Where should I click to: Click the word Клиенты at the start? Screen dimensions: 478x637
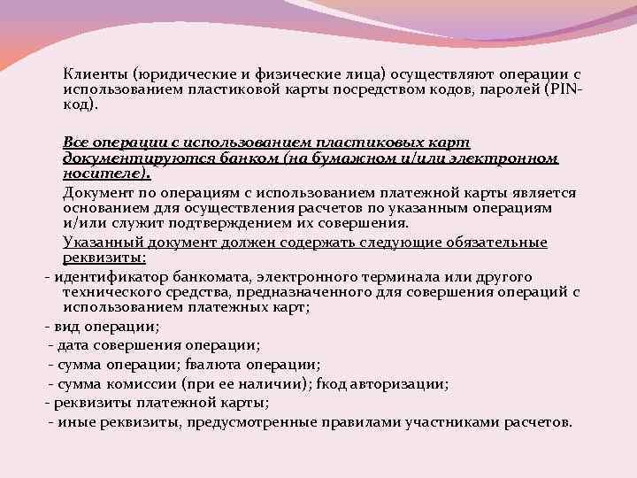(x=89, y=73)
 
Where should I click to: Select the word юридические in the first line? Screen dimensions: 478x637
(x=168, y=73)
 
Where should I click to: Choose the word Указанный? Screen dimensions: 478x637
(x=98, y=243)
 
